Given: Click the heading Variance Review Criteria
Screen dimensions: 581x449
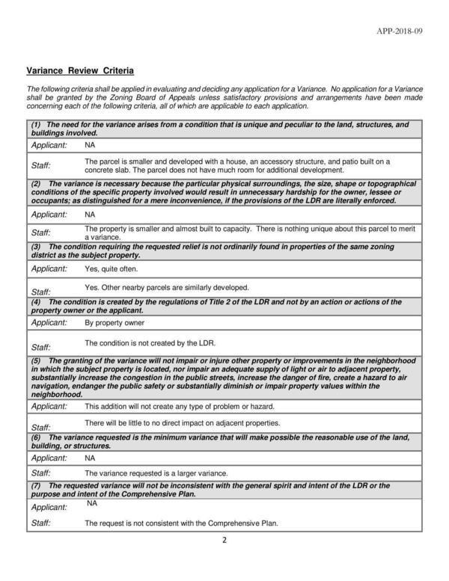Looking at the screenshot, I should [80, 71].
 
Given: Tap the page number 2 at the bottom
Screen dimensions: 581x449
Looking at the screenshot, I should [224, 540].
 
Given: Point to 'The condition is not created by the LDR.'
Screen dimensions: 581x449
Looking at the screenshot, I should [150, 343].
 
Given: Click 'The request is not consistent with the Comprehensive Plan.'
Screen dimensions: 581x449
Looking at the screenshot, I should [181, 523].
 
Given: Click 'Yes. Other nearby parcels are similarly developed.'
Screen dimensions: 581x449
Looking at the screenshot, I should [167, 287].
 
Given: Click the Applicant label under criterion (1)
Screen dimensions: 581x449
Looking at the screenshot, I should [49, 144].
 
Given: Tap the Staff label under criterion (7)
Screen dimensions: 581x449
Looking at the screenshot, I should [40, 523].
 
